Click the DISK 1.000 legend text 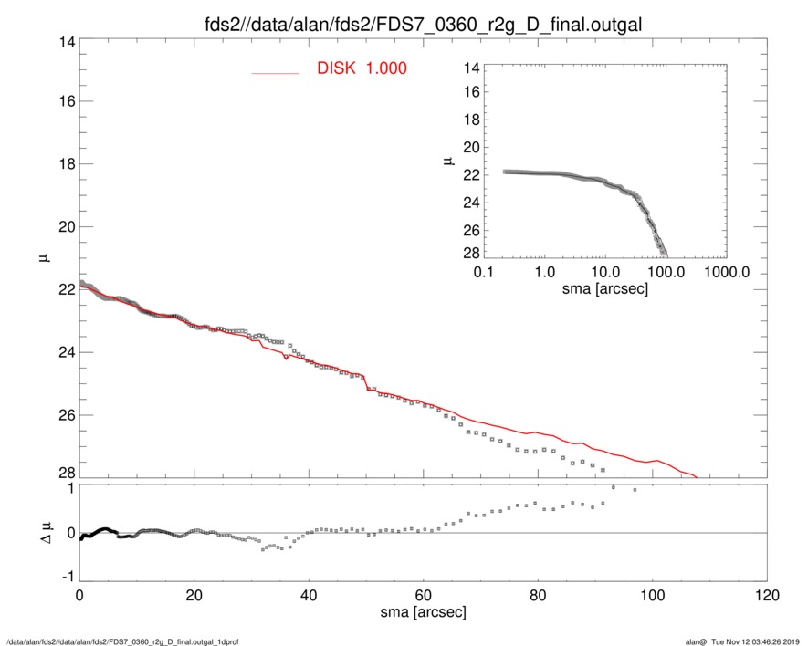tap(362, 68)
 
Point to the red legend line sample tap(275, 72)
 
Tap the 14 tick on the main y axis tap(65, 41)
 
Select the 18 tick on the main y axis tap(65, 164)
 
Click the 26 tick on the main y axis tap(65, 415)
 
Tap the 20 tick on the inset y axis tap(472, 147)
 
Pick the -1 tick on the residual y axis tap(66, 577)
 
